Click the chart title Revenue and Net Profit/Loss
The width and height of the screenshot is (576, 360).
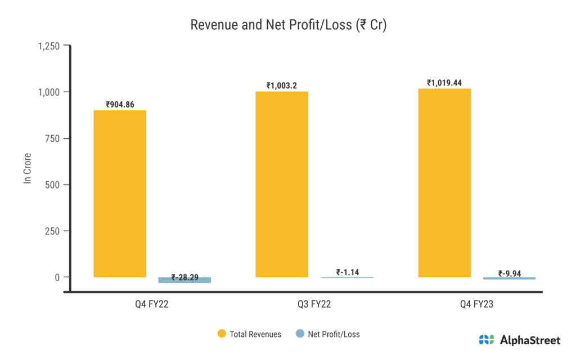tap(288, 25)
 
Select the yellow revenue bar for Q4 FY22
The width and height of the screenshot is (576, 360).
tap(120, 193)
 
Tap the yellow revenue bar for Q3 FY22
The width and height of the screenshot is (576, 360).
tap(282, 184)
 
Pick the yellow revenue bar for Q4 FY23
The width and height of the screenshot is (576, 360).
tap(444, 183)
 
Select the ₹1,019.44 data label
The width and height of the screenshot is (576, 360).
tap(444, 83)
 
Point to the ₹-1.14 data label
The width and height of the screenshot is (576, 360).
tap(346, 272)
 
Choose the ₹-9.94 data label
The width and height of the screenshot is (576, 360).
tap(510, 274)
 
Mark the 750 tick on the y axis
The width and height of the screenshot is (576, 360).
tap(53, 138)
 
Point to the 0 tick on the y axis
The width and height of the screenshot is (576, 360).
tap(57, 277)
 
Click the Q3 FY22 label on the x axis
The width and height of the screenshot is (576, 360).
tap(314, 305)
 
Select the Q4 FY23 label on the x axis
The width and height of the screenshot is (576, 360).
tap(477, 305)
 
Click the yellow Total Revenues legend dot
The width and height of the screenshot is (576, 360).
tap(222, 334)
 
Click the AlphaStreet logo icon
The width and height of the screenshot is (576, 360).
tap(487, 340)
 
